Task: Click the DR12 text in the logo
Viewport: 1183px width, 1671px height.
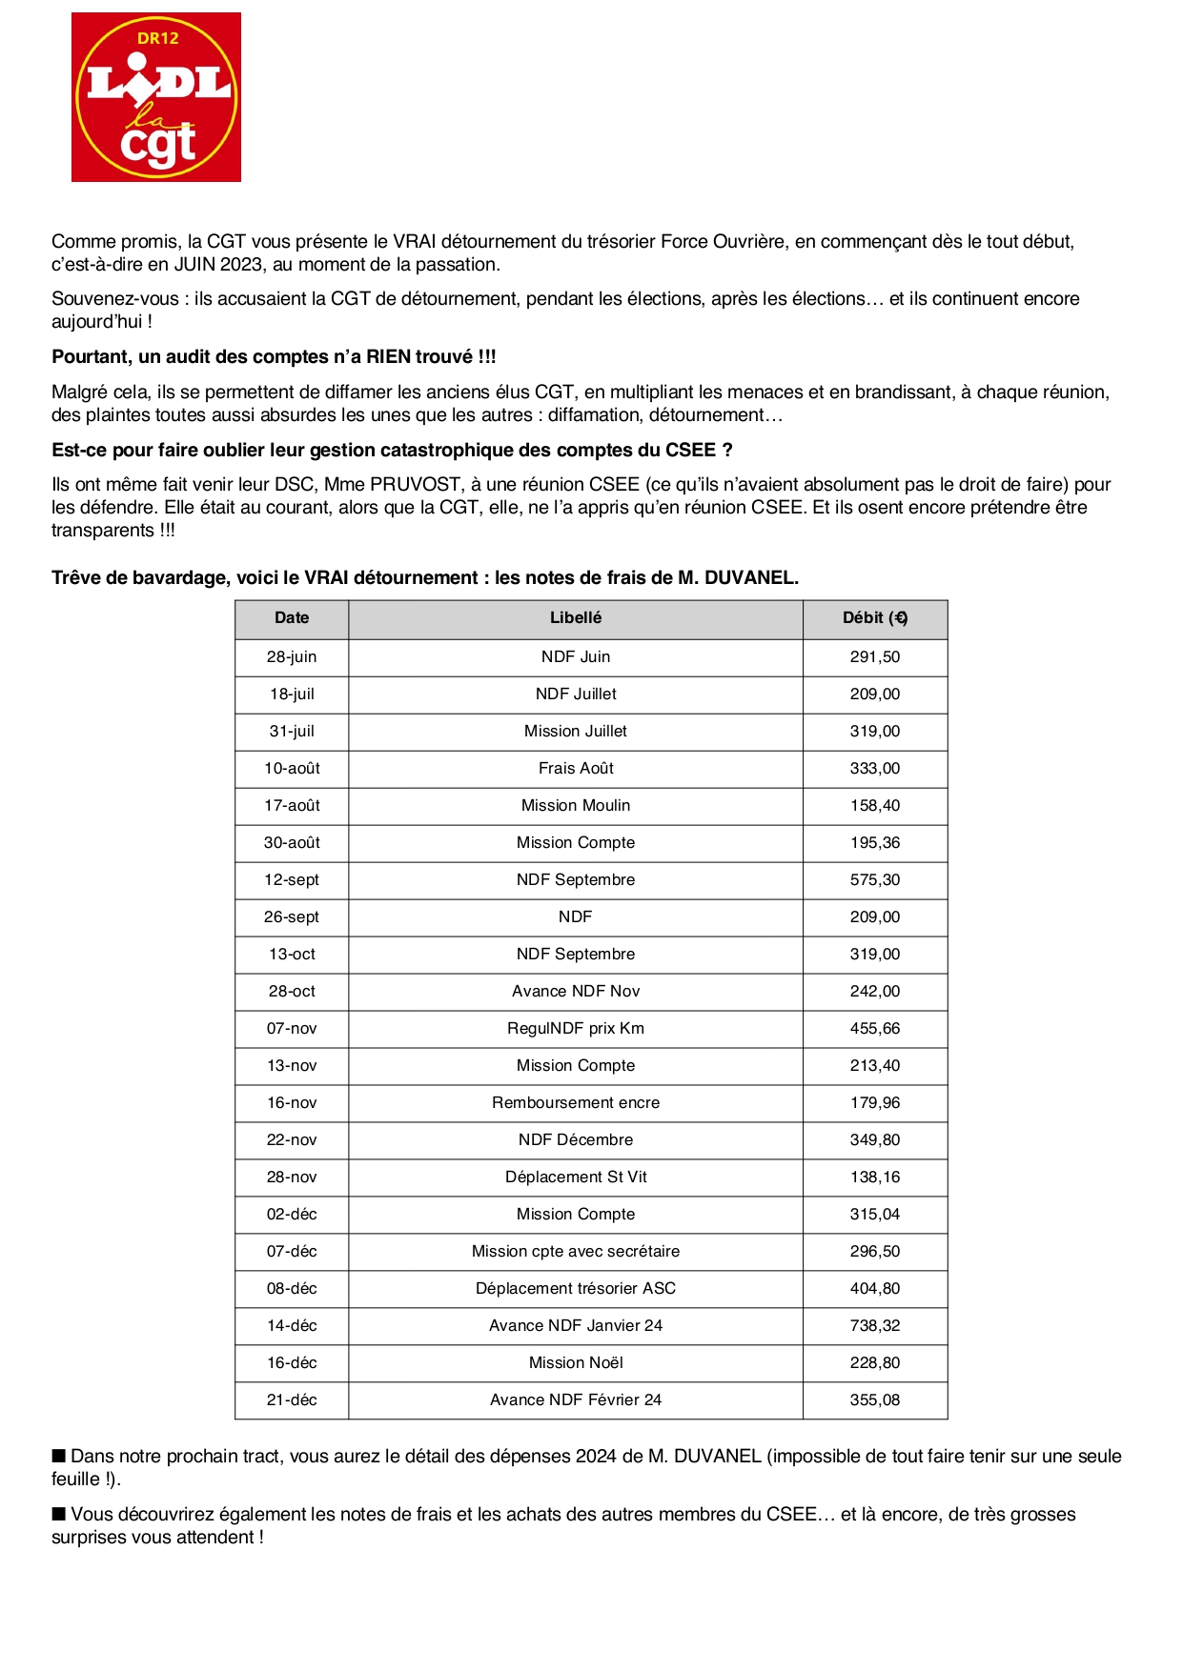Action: point(157,39)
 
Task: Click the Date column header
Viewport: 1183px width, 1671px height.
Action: point(292,618)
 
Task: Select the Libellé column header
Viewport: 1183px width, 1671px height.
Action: point(576,618)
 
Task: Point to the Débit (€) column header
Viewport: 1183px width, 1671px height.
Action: point(875,618)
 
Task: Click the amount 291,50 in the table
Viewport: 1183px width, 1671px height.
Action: point(875,657)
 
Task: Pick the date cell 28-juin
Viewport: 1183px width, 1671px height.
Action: point(292,657)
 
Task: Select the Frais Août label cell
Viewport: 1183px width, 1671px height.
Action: point(576,769)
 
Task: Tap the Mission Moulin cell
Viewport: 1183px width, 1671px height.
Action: point(576,806)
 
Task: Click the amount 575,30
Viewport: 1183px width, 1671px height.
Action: point(875,880)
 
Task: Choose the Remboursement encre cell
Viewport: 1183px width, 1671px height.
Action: point(576,1103)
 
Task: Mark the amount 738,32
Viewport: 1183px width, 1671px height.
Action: point(875,1326)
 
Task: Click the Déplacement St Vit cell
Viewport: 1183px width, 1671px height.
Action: point(576,1178)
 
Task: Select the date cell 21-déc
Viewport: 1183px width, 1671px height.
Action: point(292,1400)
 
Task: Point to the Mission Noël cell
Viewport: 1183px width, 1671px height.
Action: point(576,1363)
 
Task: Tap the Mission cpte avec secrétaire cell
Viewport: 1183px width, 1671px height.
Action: point(576,1252)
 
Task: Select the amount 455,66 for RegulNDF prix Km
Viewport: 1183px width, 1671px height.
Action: point(875,1029)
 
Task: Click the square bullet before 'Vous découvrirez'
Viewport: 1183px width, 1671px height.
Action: point(59,1514)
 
